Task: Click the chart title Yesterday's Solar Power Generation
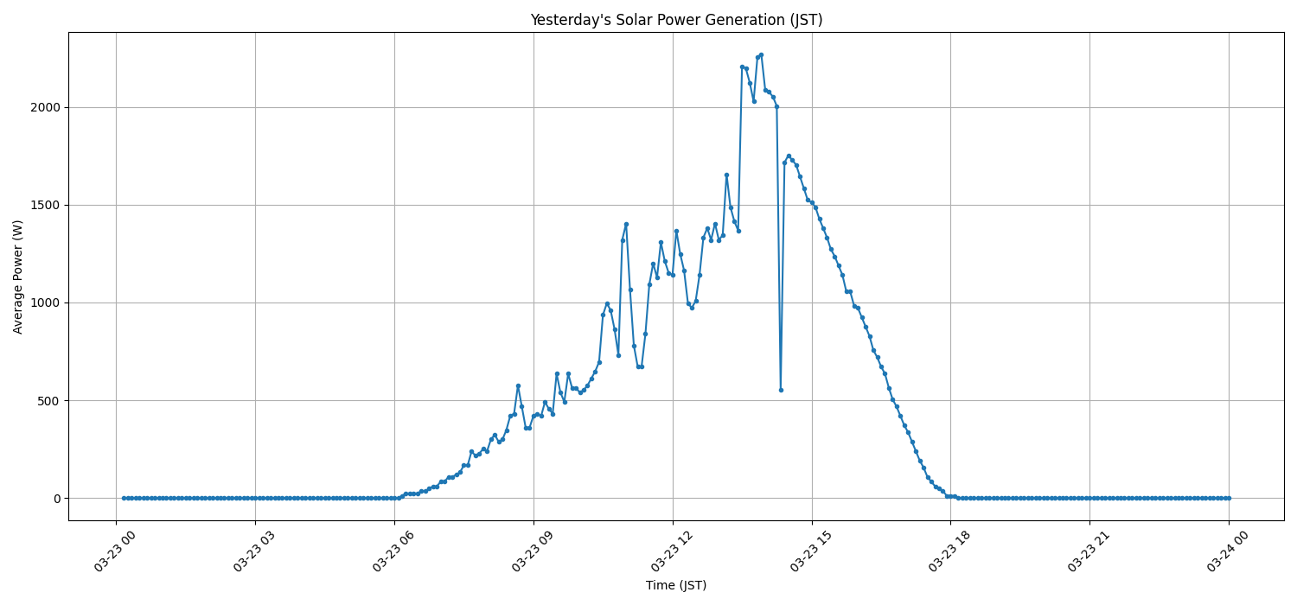[675, 20]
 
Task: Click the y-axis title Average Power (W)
[18, 277]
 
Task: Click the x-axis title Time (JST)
[675, 585]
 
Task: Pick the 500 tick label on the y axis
[49, 400]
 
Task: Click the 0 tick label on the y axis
[56, 499]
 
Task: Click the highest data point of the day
[761, 54]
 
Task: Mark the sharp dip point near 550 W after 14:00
[781, 390]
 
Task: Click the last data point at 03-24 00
[1229, 498]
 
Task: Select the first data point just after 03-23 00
[124, 498]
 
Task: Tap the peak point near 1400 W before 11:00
[626, 224]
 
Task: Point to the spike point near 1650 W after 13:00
[726, 175]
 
